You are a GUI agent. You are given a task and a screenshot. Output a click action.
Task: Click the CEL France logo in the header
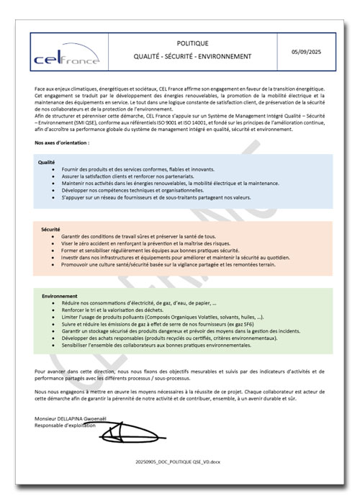pyautogui.click(x=67, y=57)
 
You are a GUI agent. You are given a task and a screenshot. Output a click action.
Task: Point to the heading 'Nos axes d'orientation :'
pyautogui.click(x=63, y=143)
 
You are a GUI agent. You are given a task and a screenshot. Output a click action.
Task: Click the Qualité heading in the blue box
pyautogui.click(x=47, y=162)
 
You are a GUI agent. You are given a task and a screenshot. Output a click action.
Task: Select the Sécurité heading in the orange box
pyautogui.click(x=50, y=230)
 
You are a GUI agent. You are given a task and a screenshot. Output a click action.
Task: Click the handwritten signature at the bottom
pyautogui.click(x=128, y=434)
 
